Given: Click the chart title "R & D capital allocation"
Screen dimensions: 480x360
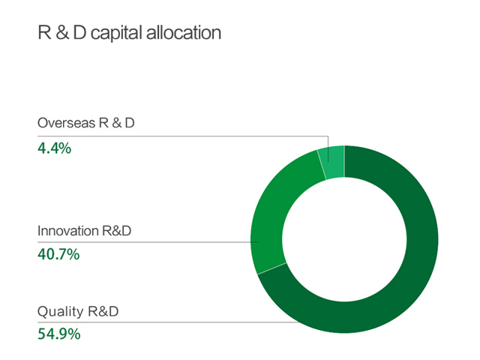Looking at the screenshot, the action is pyautogui.click(x=129, y=33).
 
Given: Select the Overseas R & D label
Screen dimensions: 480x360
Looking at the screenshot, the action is pyautogui.click(x=86, y=123).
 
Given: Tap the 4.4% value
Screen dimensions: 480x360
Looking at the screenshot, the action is pyautogui.click(x=55, y=148).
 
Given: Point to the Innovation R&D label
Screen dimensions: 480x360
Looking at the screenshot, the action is pyautogui.click(x=84, y=231).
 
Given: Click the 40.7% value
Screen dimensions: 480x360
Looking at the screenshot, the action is pyautogui.click(x=58, y=254).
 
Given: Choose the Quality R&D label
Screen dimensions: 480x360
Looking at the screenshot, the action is pyautogui.click(x=78, y=311).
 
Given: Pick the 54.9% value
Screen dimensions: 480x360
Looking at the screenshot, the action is pyautogui.click(x=59, y=334).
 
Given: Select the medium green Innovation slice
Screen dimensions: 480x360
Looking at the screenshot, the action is pyautogui.click(x=272, y=214).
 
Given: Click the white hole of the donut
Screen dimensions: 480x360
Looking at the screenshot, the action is pyautogui.click(x=344, y=239).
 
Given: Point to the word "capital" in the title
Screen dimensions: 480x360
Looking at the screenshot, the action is pyautogui.click(x=117, y=33).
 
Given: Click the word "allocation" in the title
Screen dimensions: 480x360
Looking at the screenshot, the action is pyautogui.click(x=184, y=33).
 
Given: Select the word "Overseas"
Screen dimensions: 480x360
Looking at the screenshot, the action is pyautogui.click(x=67, y=123).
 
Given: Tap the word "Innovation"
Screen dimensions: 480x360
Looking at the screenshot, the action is pyautogui.click(x=68, y=231).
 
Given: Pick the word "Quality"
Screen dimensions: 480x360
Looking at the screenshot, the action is pyautogui.click(x=60, y=312).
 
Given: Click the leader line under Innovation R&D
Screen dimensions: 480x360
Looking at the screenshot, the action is pyautogui.click(x=148, y=242).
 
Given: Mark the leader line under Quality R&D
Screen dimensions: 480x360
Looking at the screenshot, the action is pyautogui.click(x=168, y=322).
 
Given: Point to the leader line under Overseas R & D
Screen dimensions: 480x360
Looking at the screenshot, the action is pyautogui.click(x=183, y=136).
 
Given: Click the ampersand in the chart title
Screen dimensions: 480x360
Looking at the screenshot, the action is pyautogui.click(x=62, y=33).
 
